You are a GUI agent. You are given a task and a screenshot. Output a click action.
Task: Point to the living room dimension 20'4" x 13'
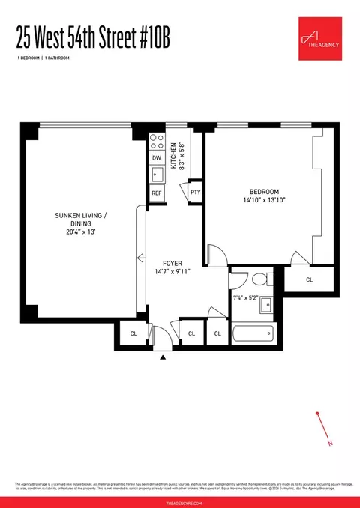[x=81, y=232]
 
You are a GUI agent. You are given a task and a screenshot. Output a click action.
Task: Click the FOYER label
[x=174, y=263]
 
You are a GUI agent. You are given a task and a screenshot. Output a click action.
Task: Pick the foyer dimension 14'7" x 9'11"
[x=174, y=272]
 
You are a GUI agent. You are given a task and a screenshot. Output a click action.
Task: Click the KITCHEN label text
[x=172, y=156]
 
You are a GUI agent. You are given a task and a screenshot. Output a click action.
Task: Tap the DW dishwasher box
[x=157, y=158]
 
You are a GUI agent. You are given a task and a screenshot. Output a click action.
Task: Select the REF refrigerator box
[x=157, y=193]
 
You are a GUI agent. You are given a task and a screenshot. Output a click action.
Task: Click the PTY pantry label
[x=195, y=192]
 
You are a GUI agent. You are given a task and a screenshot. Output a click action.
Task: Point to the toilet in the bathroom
[x=259, y=280]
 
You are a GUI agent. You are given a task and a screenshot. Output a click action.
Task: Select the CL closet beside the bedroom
[x=310, y=279]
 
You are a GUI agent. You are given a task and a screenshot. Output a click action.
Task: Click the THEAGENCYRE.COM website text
[x=180, y=501]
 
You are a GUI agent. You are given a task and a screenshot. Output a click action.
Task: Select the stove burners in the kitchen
[x=157, y=139]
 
